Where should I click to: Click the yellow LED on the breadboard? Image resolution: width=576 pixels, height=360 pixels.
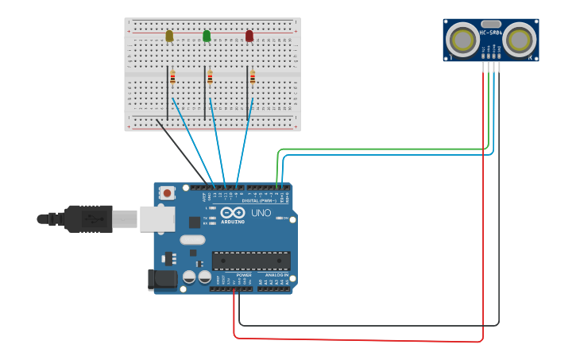coord(169,36)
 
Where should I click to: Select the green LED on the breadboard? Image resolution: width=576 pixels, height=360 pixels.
coord(207,36)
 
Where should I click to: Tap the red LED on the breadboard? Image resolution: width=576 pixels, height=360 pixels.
coord(249,36)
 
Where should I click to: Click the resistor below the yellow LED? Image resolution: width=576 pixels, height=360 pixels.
coord(172,78)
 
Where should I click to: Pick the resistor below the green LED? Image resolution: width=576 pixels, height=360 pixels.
coord(210,78)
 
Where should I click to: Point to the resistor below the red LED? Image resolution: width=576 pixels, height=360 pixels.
coord(253,78)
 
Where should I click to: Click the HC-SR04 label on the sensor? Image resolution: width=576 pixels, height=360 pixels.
coord(490,33)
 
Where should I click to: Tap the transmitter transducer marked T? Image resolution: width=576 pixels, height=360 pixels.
coord(462,39)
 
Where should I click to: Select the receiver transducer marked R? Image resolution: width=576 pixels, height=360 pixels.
coord(520,39)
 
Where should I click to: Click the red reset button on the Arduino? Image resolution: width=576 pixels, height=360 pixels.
coord(167,192)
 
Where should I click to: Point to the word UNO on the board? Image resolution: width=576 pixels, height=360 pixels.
coord(261,214)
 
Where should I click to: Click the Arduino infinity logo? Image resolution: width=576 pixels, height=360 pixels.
coord(233,213)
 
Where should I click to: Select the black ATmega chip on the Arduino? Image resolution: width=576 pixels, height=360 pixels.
coord(250,261)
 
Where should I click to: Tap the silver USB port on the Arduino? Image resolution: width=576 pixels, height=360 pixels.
coord(157,219)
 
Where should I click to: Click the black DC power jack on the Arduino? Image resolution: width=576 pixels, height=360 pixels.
coord(161,280)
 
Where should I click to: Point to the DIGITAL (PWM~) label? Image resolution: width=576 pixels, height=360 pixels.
coord(259,200)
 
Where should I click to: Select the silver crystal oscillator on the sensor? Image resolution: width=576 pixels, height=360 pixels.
coord(491,25)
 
